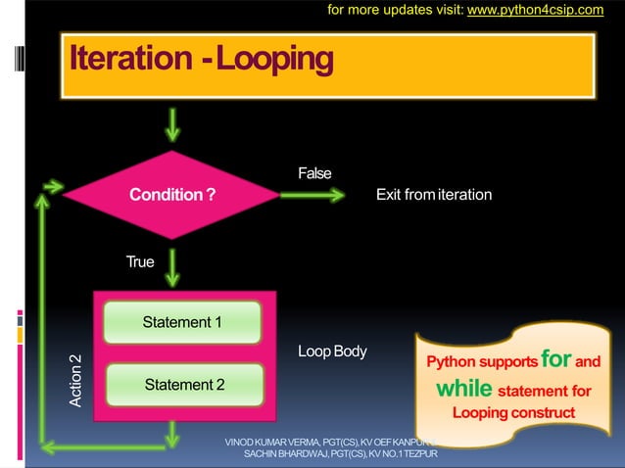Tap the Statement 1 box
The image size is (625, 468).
[x=182, y=322]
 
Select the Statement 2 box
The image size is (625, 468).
[x=184, y=385]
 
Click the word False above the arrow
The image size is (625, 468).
[x=314, y=173]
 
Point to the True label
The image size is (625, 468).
[x=140, y=262]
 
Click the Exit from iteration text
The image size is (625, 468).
[x=434, y=195]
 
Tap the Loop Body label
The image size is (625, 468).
[x=332, y=351]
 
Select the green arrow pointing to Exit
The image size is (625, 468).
[x=313, y=195]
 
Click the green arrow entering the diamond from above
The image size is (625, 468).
[x=173, y=124]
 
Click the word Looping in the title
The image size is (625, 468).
[x=273, y=60]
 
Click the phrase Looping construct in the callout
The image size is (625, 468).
[x=513, y=412]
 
